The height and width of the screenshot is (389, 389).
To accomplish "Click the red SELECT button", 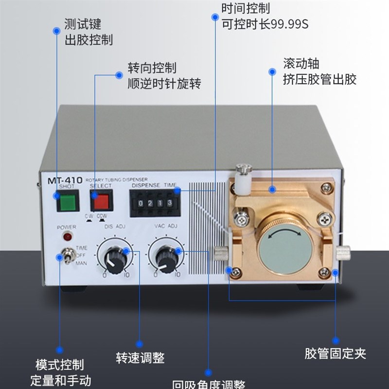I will click(x=101, y=200).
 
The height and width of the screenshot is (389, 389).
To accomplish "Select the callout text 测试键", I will click(x=83, y=24).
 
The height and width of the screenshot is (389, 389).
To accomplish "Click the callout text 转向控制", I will click(x=152, y=67).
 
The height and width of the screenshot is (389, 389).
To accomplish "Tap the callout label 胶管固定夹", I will click(x=335, y=354).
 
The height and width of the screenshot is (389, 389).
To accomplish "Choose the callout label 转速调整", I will click(x=140, y=358).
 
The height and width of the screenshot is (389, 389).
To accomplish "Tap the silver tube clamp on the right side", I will click(x=343, y=252).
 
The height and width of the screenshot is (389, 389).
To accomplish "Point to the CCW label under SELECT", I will click(x=103, y=216).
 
